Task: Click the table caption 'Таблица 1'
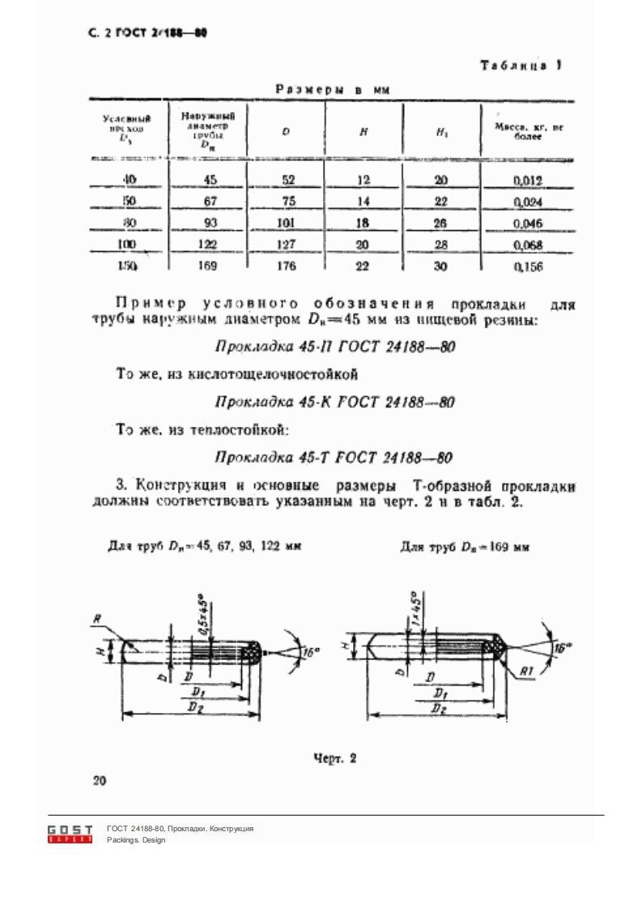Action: (x=521, y=66)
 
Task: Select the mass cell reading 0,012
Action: (x=527, y=181)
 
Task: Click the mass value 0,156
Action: (x=527, y=266)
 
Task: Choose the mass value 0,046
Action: (x=527, y=224)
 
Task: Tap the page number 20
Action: (x=100, y=782)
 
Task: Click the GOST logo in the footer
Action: (x=70, y=834)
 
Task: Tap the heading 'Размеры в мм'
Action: (x=334, y=91)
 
